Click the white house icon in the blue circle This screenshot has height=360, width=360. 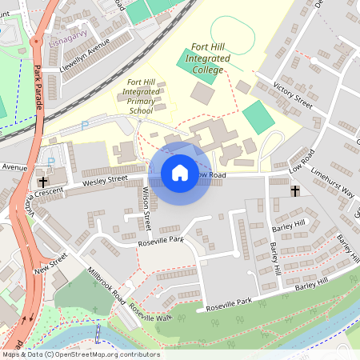tap(180, 173)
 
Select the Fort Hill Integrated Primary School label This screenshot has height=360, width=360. tap(142, 96)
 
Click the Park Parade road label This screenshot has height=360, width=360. tap(41, 86)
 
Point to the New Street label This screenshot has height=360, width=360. tap(51, 263)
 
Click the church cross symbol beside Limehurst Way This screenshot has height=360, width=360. tap(294, 191)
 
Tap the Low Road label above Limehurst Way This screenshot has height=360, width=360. tap(302, 164)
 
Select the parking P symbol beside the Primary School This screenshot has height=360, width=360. tap(85, 125)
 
